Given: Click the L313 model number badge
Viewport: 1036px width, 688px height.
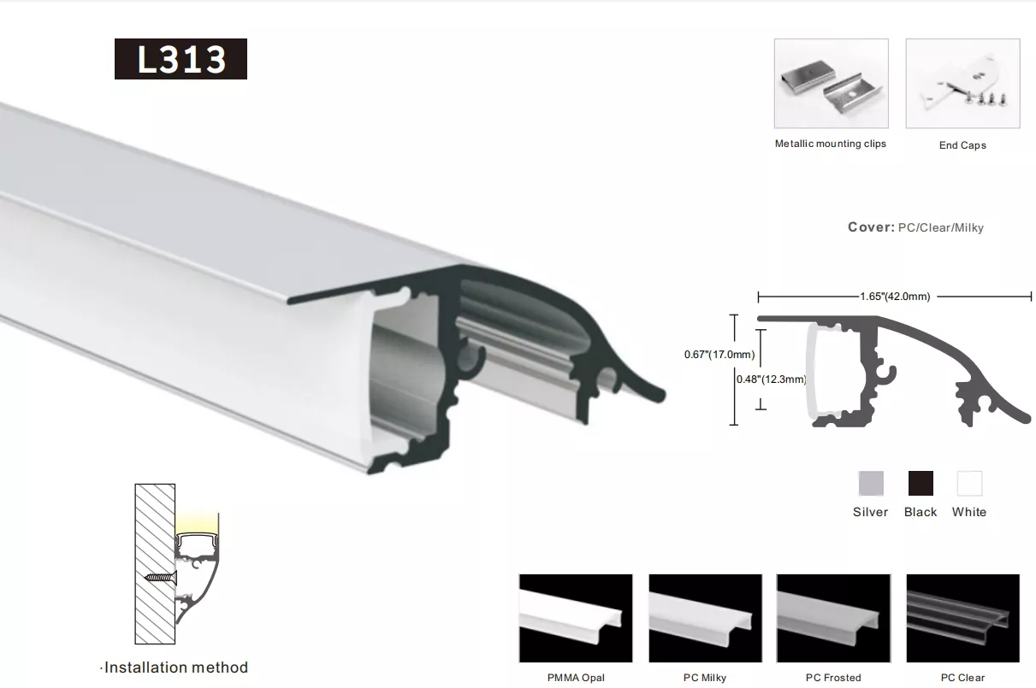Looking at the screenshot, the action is tap(181, 59).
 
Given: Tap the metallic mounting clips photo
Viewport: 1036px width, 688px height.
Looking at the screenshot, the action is tap(832, 83).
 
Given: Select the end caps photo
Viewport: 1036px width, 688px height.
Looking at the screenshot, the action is tap(962, 83).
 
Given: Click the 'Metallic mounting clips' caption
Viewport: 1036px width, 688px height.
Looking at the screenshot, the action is tap(830, 144).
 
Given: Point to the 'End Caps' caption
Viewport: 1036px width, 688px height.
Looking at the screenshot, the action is tap(962, 145).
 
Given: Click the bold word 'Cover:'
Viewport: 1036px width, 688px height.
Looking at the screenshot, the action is tap(872, 226).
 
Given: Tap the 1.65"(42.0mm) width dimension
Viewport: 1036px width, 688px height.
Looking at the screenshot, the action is tap(895, 297).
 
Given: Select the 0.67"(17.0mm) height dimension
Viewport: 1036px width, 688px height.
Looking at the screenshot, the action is tap(719, 355).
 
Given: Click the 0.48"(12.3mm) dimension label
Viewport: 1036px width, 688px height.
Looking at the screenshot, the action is tap(771, 379).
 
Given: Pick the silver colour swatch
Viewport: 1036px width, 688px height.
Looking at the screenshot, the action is tap(871, 484).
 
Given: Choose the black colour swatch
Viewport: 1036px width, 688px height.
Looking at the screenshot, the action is tap(921, 484).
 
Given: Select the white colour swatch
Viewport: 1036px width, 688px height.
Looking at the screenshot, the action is tap(969, 484).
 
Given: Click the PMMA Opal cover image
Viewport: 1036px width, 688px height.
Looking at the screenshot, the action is tap(576, 618).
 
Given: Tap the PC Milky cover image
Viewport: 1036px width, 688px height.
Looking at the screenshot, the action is tap(705, 618).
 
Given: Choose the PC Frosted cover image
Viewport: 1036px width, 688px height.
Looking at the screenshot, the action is tap(833, 618).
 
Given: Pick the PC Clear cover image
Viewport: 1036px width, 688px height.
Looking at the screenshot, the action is tap(963, 618).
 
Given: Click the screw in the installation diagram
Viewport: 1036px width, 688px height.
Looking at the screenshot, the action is tap(161, 577).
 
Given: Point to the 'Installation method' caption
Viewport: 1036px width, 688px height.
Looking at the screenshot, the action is tap(176, 667).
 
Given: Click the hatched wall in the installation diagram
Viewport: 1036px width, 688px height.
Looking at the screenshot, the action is tap(155, 564).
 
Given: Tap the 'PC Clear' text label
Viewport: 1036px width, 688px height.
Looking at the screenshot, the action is tap(962, 678).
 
